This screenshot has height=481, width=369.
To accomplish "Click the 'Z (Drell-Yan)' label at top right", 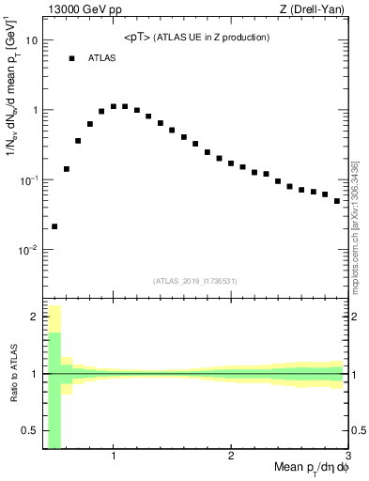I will click(x=317, y=9).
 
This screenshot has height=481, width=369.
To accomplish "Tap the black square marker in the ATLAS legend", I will click(x=71, y=58).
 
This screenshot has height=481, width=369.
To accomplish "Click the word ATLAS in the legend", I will click(x=102, y=58).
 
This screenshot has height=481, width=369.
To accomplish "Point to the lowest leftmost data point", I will click(x=54, y=226).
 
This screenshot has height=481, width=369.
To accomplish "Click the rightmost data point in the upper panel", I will click(x=337, y=201).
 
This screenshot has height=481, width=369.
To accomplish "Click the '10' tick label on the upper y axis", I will click(x=32, y=40).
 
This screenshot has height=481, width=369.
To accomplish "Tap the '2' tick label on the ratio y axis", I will click(x=34, y=317).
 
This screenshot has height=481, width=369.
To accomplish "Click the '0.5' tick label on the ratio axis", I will click(x=30, y=431).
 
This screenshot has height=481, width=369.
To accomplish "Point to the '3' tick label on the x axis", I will click(x=347, y=457).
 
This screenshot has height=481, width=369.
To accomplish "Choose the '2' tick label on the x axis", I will click(x=231, y=457).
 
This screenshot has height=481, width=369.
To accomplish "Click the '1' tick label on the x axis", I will click(x=114, y=457).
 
